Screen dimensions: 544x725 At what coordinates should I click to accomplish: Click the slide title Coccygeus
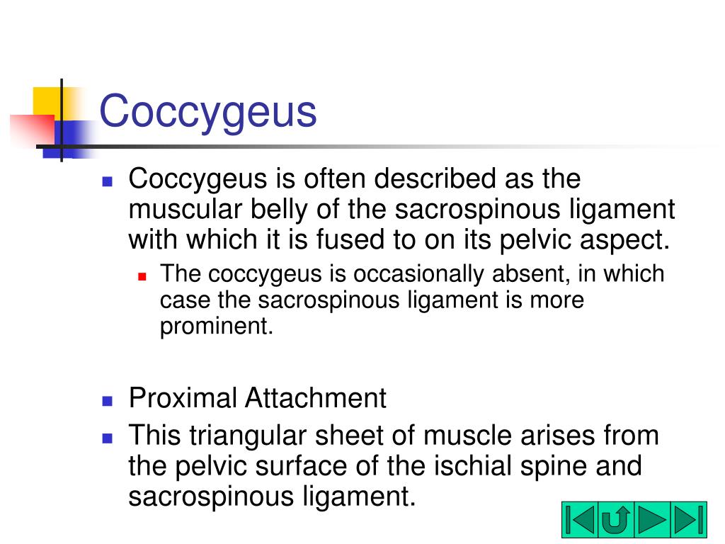tap(207, 111)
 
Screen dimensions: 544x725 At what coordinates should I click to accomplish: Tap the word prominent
tap(215, 327)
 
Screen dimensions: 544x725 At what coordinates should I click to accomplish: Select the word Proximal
tap(183, 397)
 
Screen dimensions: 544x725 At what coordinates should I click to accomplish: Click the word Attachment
tap(316, 397)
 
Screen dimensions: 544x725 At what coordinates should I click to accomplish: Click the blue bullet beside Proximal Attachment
tap(108, 400)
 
